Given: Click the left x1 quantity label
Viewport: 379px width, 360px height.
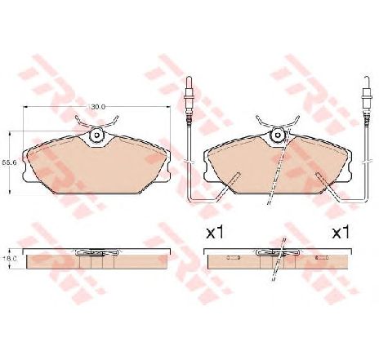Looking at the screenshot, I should point(215,233).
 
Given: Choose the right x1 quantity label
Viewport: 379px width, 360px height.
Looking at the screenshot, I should point(340,233).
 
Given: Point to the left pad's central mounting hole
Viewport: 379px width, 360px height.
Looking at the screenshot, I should point(96,136).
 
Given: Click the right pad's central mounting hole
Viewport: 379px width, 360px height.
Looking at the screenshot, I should point(278,136).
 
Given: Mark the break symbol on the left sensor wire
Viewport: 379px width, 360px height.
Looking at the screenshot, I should point(189,125).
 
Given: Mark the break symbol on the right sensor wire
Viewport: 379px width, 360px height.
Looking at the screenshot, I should point(365,125).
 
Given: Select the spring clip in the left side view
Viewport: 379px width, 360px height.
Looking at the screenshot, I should point(96,254).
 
